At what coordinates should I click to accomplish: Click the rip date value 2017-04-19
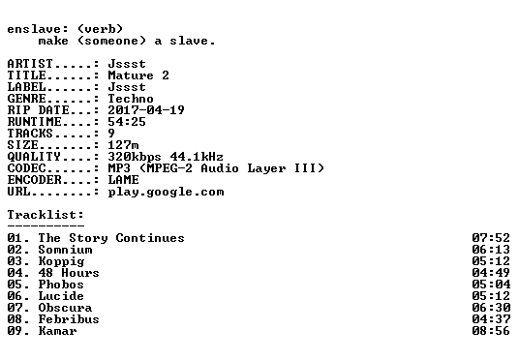coord(146,110)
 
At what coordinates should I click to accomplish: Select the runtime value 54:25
coord(127,121)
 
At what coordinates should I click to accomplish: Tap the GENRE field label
coord(26,99)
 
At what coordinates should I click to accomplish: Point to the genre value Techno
coord(131,99)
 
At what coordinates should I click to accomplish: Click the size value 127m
coord(123,144)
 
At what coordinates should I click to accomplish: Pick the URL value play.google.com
coord(166,192)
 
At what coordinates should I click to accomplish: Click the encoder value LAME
coord(123,180)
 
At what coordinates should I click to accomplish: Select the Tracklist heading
coord(46,215)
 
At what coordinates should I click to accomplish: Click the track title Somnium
coord(65,250)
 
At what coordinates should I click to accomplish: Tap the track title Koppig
coord(61,261)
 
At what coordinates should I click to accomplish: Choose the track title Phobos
coord(61,285)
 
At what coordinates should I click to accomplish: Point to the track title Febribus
coord(69,319)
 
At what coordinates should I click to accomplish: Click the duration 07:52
coord(491,237)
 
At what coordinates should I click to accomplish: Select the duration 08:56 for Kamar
coord(491,331)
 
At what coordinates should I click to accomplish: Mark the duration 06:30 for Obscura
coord(491,308)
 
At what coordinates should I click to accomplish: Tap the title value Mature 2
coord(138,75)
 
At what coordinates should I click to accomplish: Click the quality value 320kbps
coord(135,157)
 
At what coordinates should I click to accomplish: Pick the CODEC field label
coord(26,168)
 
